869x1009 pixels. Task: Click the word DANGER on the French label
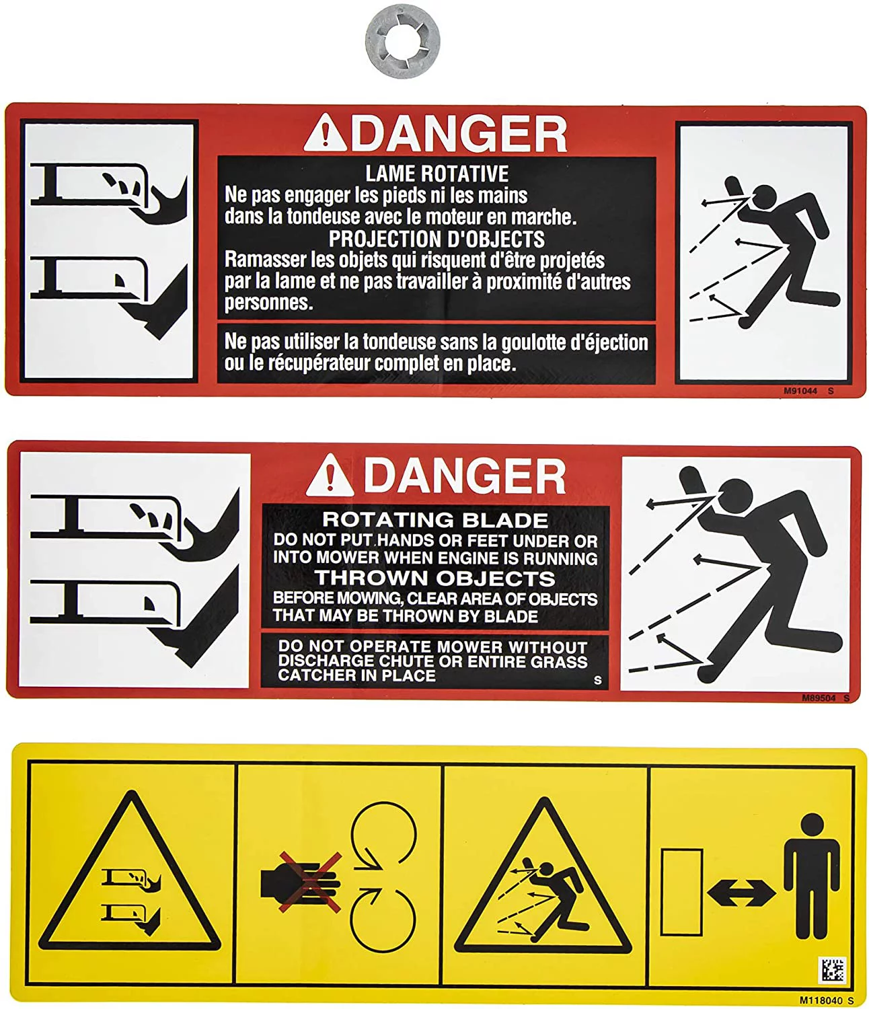[x=459, y=134]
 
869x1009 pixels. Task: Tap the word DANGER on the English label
[x=464, y=476]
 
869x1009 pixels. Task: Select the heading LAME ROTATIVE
[x=437, y=174]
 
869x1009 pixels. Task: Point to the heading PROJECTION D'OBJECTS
[x=437, y=239]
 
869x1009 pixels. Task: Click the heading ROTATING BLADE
[x=435, y=520]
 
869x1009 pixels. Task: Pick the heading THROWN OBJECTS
[x=435, y=578]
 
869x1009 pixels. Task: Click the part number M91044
[x=800, y=391]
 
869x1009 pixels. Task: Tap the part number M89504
[x=819, y=698]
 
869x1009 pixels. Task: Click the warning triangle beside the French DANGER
[x=326, y=133]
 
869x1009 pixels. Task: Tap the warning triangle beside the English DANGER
[x=330, y=475]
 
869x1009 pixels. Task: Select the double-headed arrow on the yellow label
[x=741, y=893]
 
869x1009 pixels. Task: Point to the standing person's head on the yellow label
[x=812, y=825]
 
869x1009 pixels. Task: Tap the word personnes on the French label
[x=268, y=303]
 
